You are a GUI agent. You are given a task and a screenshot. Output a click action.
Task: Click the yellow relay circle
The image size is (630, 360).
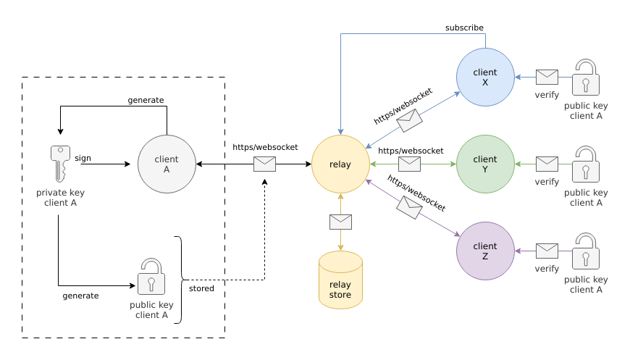pyautogui.click(x=340, y=164)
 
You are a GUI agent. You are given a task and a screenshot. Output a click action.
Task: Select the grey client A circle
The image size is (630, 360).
pyautogui.click(x=167, y=164)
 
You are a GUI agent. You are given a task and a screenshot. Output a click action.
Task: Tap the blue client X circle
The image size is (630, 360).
pyautogui.click(x=485, y=78)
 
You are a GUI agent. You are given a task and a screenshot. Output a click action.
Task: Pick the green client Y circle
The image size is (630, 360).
pyautogui.click(x=485, y=164)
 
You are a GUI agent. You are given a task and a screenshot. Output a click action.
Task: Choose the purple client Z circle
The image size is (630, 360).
pyautogui.click(x=485, y=251)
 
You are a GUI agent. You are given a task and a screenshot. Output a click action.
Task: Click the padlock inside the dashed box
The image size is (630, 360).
pyautogui.click(x=151, y=276)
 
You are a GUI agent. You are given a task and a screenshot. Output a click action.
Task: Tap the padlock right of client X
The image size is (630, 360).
pyautogui.click(x=586, y=78)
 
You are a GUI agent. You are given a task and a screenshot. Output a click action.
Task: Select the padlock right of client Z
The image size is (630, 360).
pyautogui.click(x=586, y=251)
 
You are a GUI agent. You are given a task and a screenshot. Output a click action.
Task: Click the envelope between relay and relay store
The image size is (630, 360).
pyautogui.click(x=340, y=222)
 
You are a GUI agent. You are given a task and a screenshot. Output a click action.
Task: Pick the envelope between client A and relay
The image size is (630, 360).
pyautogui.click(x=264, y=164)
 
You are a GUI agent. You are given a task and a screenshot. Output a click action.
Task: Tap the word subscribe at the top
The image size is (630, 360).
pyautogui.click(x=464, y=28)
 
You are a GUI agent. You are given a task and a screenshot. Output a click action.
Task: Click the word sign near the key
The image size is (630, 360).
pyautogui.click(x=83, y=156)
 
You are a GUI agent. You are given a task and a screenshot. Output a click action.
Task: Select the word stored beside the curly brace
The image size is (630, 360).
pyautogui.click(x=201, y=289)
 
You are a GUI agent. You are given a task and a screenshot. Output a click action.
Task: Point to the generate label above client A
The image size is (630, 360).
pyautogui.click(x=146, y=100)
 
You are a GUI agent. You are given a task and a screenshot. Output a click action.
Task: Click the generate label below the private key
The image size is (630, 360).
pyautogui.click(x=80, y=296)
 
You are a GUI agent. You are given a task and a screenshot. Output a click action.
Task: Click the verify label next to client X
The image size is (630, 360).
pyautogui.click(x=547, y=95)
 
